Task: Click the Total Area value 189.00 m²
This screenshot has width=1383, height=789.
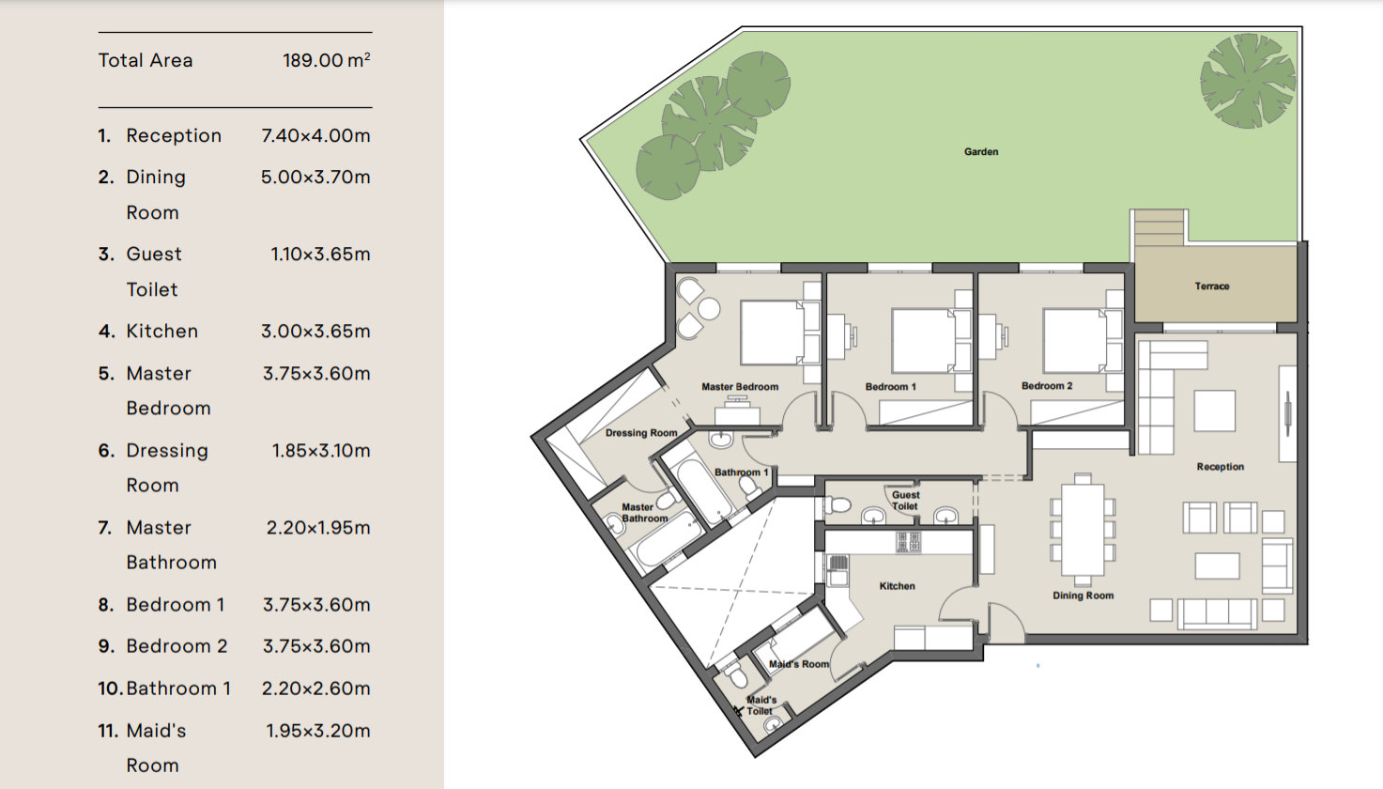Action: tap(327, 60)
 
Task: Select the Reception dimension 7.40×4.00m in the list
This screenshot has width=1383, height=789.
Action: tap(315, 135)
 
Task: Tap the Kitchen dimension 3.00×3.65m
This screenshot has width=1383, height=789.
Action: tap(315, 332)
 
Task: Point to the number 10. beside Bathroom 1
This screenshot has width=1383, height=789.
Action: tap(110, 688)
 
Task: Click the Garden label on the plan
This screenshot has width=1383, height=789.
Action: tap(981, 151)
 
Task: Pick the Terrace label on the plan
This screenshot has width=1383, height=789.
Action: tap(1211, 286)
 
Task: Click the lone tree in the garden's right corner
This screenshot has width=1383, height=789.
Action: tap(1248, 81)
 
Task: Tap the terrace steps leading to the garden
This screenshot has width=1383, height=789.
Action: tap(1160, 228)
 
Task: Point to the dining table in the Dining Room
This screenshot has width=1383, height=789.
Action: tap(1083, 530)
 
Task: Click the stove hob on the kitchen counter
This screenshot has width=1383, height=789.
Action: tap(908, 542)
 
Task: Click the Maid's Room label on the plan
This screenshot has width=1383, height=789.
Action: tap(798, 664)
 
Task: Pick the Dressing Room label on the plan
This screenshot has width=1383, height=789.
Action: tap(641, 433)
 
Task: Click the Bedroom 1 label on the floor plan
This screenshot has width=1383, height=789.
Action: tap(890, 387)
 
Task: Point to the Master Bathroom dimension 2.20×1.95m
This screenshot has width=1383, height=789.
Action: tap(318, 528)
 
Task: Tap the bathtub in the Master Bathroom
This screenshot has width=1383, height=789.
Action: tap(668, 540)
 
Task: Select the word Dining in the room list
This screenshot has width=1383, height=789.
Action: tap(156, 178)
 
